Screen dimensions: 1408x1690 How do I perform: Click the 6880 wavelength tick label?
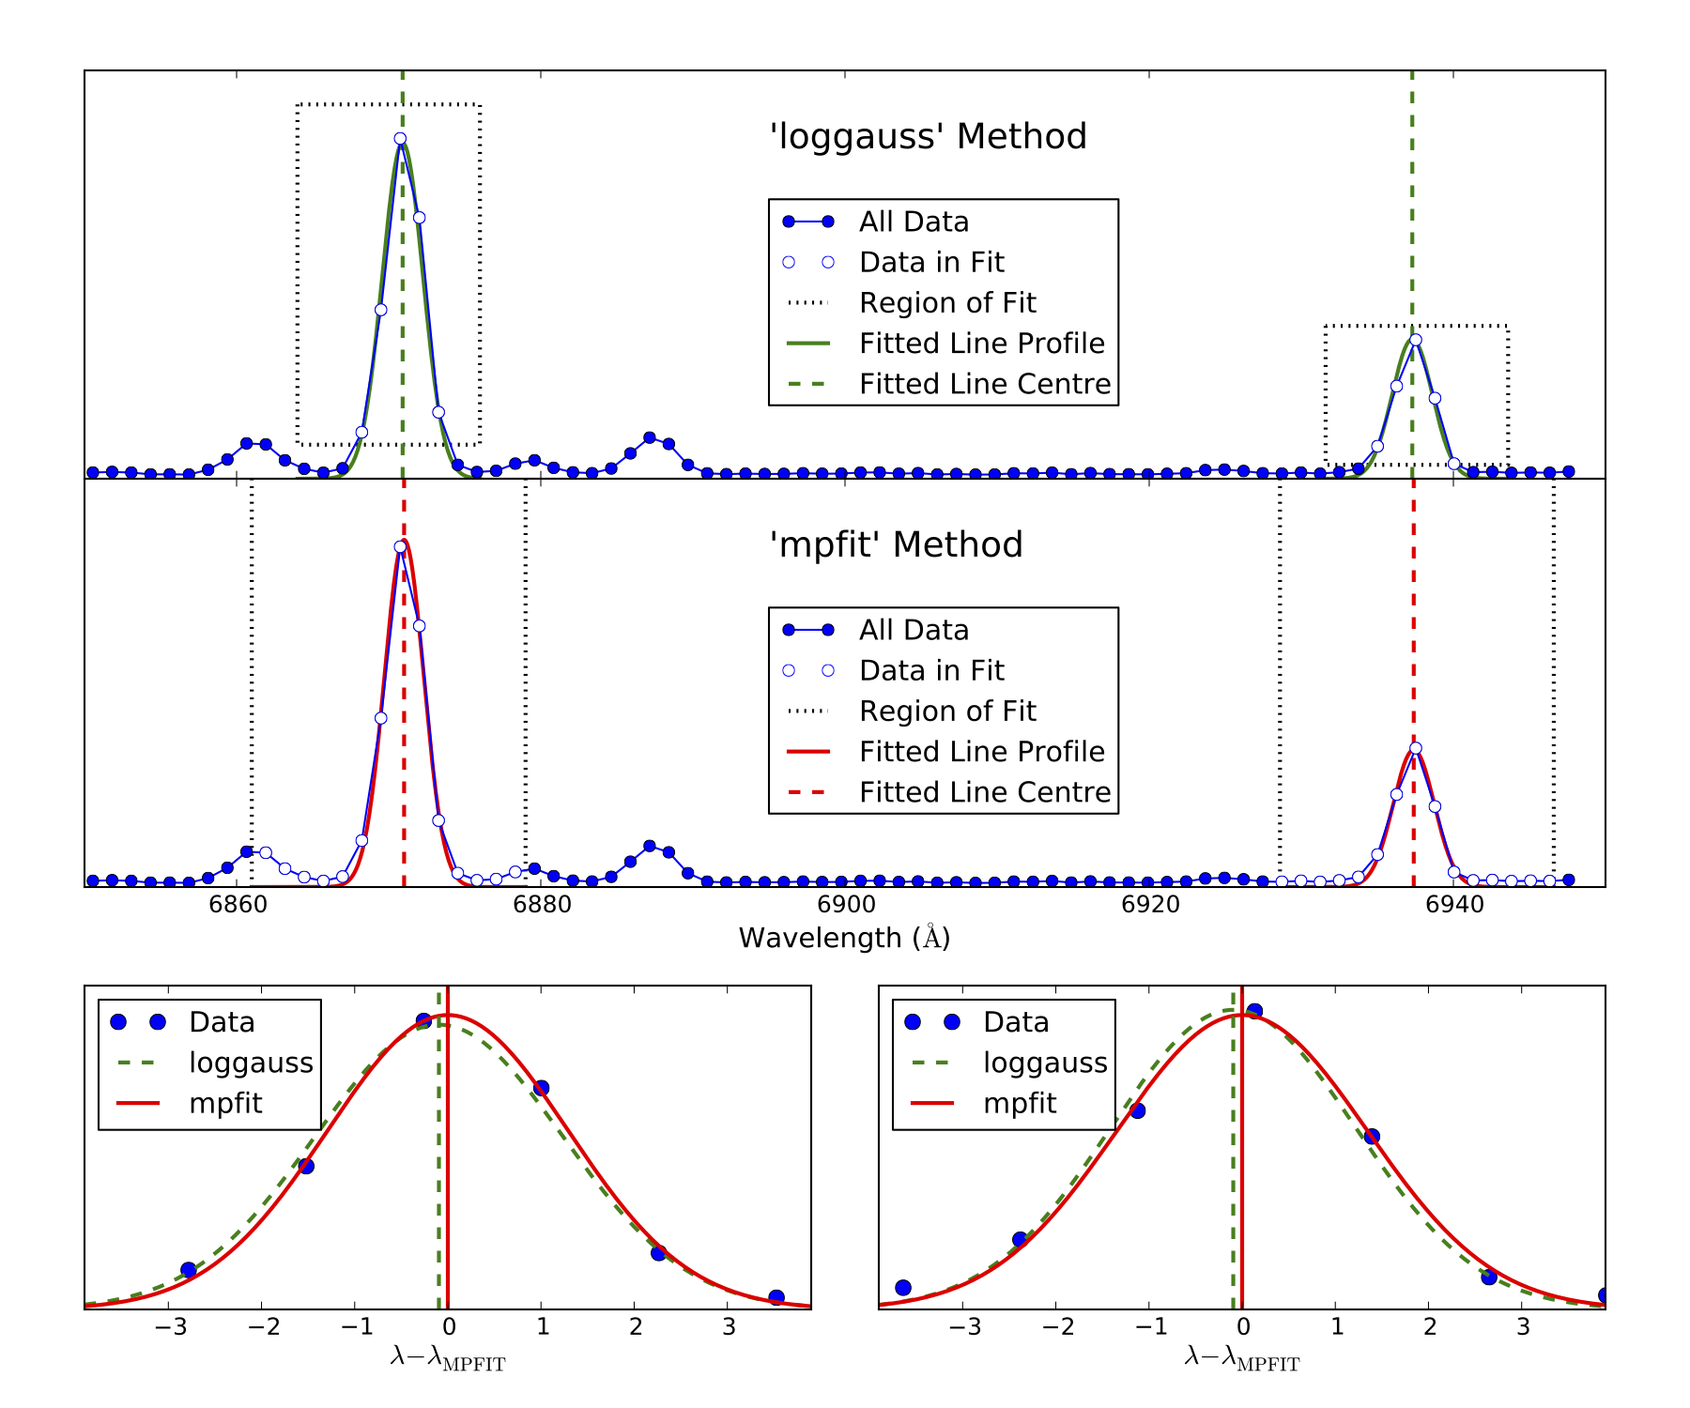tap(542, 905)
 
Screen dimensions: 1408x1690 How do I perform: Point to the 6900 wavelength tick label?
tap(846, 905)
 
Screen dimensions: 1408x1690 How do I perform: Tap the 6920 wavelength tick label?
tap(1150, 905)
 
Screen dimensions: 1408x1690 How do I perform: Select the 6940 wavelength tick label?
tap(1454, 905)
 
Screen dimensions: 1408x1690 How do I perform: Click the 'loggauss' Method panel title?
tap(928, 137)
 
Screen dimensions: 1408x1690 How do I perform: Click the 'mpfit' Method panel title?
tap(896, 545)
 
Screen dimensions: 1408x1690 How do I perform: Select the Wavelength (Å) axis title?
tap(844, 938)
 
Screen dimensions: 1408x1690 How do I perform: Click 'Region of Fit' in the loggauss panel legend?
tap(946, 303)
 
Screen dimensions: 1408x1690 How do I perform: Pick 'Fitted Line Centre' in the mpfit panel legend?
tap(984, 793)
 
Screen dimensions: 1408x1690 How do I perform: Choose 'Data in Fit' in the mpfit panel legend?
tap(931, 671)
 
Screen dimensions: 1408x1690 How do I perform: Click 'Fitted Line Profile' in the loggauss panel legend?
tap(981, 344)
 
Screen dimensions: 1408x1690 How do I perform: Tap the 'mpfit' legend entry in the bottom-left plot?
tap(225, 1104)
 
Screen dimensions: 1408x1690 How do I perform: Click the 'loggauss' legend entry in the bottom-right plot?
tap(1045, 1064)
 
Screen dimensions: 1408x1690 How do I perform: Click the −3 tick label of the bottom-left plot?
tap(169, 1327)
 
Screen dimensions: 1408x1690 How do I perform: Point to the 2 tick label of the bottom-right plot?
tap(1429, 1327)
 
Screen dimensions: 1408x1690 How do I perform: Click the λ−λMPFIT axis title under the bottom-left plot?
tap(448, 1358)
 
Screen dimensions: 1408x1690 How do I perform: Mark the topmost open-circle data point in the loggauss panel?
tap(400, 139)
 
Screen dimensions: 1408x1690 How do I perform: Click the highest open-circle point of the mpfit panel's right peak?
tap(1416, 749)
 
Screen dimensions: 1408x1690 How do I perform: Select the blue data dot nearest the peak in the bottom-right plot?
tap(1254, 1012)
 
